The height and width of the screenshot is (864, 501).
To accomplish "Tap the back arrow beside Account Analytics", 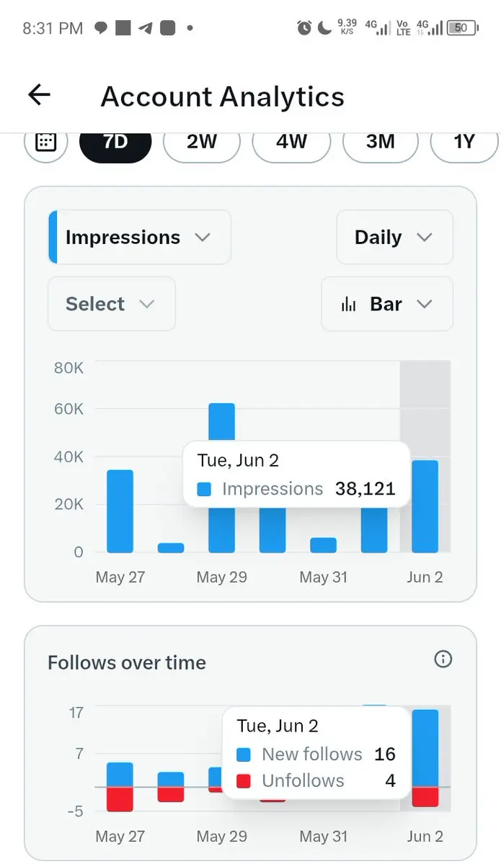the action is tap(39, 94).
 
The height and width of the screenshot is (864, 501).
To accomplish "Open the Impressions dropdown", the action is tap(140, 237).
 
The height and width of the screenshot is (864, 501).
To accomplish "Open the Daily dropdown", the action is tap(394, 237).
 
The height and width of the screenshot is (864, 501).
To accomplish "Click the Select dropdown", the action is tap(112, 304).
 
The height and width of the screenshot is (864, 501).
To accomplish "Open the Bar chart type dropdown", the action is tap(387, 304).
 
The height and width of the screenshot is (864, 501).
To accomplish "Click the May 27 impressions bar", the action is tap(120, 511).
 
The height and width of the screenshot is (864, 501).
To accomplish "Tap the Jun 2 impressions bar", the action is tap(425, 506).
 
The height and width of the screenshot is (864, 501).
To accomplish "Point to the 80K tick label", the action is tap(68, 368).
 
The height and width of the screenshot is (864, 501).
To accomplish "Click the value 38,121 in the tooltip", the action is tap(365, 489).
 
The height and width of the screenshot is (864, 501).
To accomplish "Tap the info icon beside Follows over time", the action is tap(443, 659).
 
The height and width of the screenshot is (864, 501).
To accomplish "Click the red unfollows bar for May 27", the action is tap(120, 799).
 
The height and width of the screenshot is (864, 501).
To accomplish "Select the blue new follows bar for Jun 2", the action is tap(425, 748).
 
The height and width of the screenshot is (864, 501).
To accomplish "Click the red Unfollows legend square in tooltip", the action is tap(244, 781).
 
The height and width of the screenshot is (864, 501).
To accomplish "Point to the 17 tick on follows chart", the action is tap(76, 713).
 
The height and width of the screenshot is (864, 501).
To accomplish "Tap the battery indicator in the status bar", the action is tap(463, 28).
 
